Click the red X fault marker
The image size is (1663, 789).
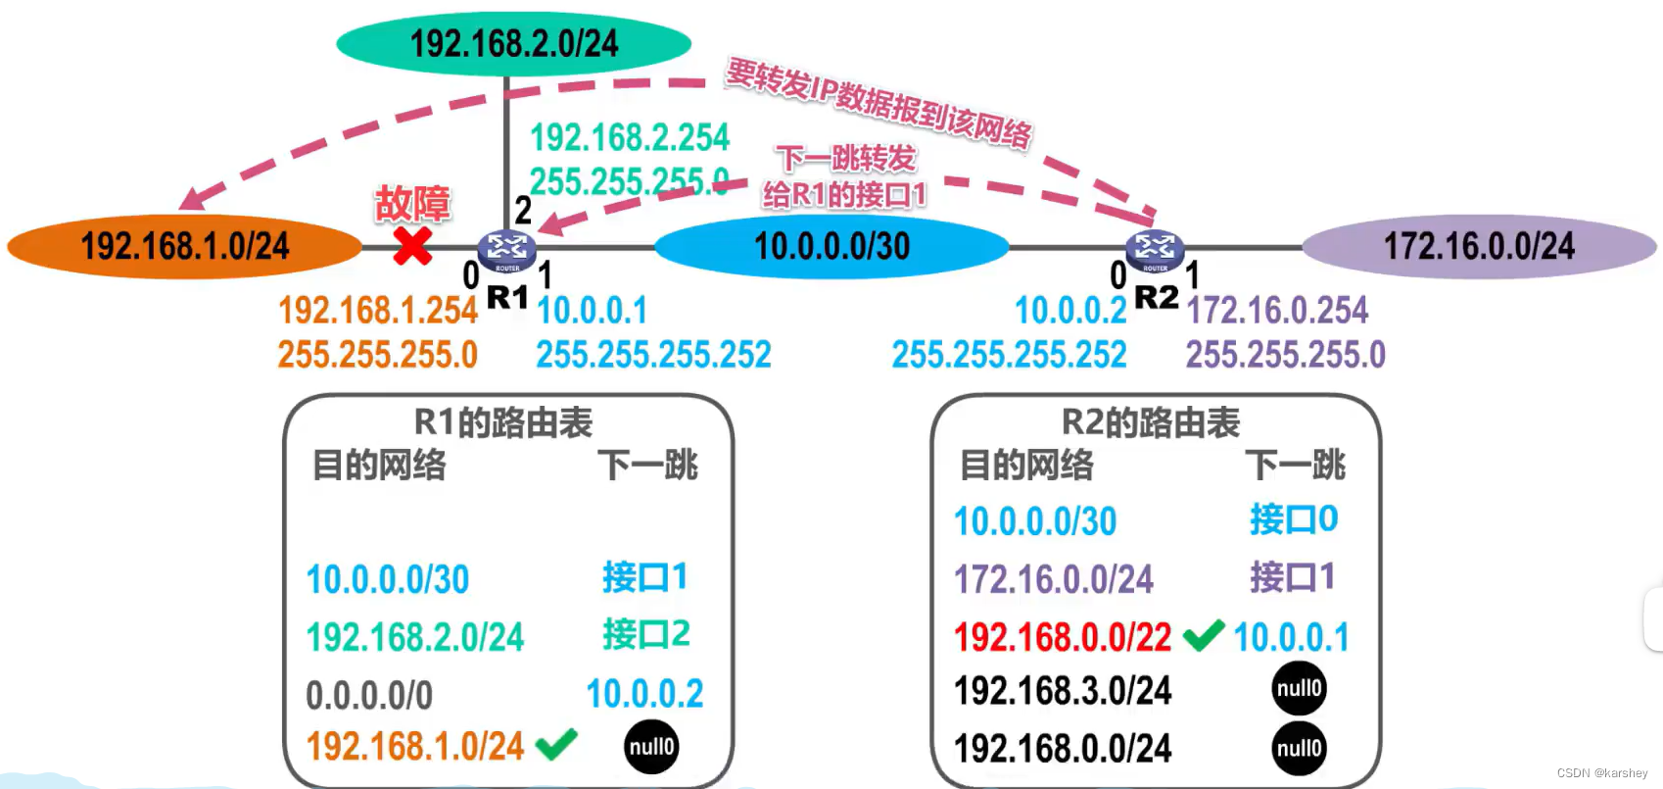pos(412,246)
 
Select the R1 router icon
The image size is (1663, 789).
pos(507,251)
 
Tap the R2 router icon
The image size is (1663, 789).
pos(1155,251)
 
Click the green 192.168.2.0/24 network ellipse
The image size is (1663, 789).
pos(514,43)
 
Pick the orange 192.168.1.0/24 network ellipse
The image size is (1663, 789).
pos(185,247)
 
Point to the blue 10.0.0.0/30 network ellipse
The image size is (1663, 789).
pos(831,247)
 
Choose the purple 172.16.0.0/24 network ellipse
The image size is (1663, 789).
pos(1480,247)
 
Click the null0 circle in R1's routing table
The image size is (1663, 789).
pos(651,747)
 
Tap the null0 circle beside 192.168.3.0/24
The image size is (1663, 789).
pos(1300,688)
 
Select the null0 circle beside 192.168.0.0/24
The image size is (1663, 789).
pos(1300,748)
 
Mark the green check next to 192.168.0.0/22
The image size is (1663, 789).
pos(1204,636)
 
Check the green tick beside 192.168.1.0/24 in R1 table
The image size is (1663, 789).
pos(556,745)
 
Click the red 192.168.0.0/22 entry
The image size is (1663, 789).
pos(1063,637)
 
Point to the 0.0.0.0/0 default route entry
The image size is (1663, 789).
pos(369,695)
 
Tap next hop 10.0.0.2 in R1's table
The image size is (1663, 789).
pos(644,694)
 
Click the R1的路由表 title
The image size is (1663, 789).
pos(502,422)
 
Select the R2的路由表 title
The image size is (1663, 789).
pos(1151,422)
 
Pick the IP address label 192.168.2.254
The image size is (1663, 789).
pos(630,137)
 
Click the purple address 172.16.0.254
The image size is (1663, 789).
pos(1277,310)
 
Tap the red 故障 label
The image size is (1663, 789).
pos(412,203)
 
